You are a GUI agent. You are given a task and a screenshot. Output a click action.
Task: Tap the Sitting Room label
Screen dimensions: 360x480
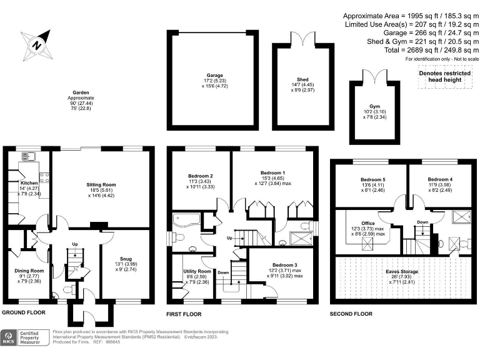pos(101,185)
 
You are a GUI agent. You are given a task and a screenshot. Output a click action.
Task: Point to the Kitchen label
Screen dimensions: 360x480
pos(29,183)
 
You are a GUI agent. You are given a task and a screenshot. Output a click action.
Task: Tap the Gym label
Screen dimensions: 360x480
pos(375,106)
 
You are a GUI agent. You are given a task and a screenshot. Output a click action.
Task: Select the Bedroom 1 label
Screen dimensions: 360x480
pos(272,172)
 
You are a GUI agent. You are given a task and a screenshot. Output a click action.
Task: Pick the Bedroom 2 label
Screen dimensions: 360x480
pos(200,176)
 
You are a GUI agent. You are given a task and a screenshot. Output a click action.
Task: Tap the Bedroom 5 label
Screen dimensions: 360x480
pos(372,179)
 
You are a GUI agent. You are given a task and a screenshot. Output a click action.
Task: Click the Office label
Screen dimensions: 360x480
pos(367,223)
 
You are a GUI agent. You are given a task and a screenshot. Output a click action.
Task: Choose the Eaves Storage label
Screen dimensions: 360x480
pos(401,272)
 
